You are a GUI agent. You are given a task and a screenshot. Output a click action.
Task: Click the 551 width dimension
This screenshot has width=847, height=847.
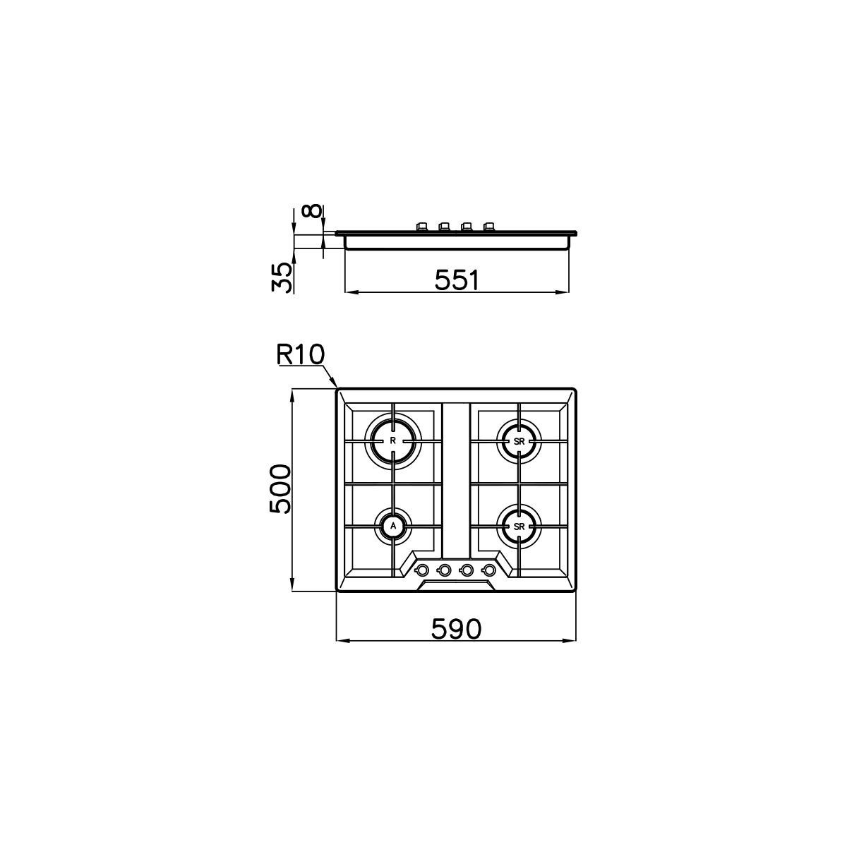(456, 280)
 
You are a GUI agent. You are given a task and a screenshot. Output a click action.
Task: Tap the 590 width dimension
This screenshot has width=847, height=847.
(456, 629)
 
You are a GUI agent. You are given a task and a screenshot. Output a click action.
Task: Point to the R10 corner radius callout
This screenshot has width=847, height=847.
(300, 355)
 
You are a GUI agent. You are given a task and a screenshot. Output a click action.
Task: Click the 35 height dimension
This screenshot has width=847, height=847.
(282, 277)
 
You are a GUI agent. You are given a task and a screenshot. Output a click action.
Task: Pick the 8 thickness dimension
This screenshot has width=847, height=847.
(312, 212)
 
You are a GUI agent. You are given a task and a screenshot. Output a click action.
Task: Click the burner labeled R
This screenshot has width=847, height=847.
(393, 441)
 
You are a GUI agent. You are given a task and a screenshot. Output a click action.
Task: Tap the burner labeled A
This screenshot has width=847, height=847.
(393, 526)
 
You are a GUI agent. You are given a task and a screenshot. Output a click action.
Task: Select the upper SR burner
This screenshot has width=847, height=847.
(519, 442)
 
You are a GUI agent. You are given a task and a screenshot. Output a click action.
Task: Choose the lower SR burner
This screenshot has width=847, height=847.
(519, 526)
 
